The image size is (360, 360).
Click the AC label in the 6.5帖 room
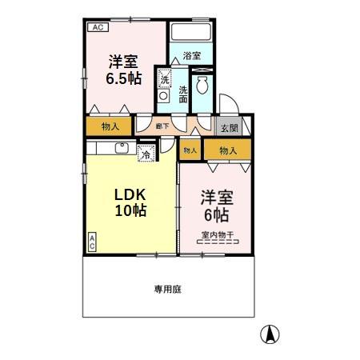point(98,28)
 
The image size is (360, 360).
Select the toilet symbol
point(203,86)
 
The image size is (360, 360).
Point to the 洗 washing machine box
point(165,80)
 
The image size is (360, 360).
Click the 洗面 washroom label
point(184,94)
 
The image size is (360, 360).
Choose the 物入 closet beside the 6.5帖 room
point(110,126)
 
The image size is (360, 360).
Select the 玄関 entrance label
point(228,127)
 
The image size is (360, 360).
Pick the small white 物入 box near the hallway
point(190,150)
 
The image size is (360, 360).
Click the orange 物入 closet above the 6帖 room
point(228,150)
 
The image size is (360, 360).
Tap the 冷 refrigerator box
point(146,155)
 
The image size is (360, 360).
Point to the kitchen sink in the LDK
point(122,148)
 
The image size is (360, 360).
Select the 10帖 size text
point(130,213)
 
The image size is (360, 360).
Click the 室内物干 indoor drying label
point(217,234)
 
